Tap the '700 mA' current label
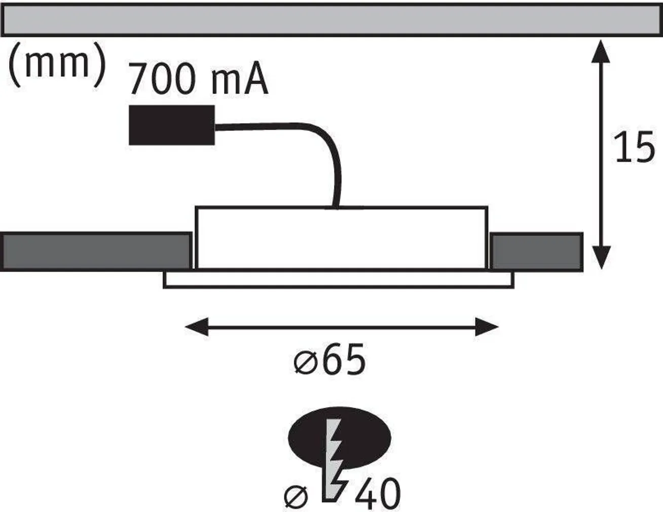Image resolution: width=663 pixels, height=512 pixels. pyautogui.click(x=198, y=80)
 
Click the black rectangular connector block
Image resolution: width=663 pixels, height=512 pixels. pyautogui.click(x=171, y=125)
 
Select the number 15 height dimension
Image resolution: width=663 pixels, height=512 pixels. pyautogui.click(x=634, y=148)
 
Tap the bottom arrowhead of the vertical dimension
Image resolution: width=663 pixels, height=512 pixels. pyautogui.click(x=601, y=259)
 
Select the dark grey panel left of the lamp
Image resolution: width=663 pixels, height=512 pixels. pyautogui.click(x=96, y=251)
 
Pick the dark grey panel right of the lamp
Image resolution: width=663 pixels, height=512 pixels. pyautogui.click(x=536, y=251)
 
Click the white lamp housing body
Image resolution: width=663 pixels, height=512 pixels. pyautogui.click(x=342, y=237)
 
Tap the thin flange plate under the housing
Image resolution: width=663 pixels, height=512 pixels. pyautogui.click(x=339, y=280)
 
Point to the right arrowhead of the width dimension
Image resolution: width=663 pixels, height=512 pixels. pyautogui.click(x=487, y=327)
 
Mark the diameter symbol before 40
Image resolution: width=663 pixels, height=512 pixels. pyautogui.click(x=296, y=496)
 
